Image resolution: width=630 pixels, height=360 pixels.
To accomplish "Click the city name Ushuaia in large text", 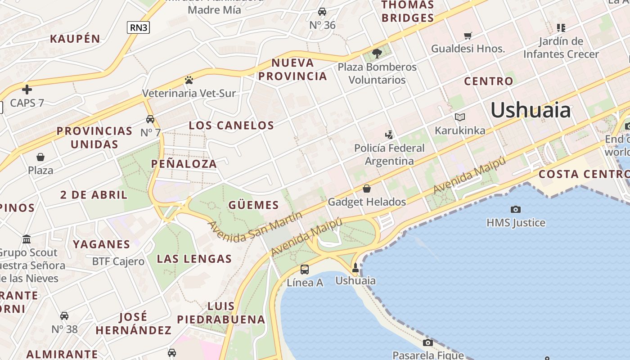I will tap(530, 110).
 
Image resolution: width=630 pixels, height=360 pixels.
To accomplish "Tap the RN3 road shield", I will tap(138, 27).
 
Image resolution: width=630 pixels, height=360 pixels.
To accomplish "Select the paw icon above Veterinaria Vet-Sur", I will tap(189, 80).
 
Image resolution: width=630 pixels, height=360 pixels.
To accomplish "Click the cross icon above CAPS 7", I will tap(27, 90).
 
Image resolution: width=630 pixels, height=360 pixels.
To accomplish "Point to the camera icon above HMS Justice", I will tap(516, 209).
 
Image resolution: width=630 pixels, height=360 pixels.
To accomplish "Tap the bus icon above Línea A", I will tap(305, 270).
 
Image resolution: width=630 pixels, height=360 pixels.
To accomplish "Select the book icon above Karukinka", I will tap(460, 117).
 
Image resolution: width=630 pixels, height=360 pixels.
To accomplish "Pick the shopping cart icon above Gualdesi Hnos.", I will tap(468, 35).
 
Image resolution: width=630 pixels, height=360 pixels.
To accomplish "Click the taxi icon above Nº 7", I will tap(150, 119).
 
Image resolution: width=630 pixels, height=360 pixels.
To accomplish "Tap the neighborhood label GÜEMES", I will tap(254, 205).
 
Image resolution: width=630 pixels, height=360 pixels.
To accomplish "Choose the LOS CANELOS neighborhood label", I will tap(231, 126).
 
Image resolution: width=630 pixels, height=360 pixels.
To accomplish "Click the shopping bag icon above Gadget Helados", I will tap(367, 189).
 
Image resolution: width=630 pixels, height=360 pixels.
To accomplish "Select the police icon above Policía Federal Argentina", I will tap(389, 135).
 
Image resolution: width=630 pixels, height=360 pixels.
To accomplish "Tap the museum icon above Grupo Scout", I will tap(27, 239).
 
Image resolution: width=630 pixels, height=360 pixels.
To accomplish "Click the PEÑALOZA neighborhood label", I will tap(184, 164).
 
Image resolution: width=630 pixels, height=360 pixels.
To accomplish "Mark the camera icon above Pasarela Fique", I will tap(428, 342).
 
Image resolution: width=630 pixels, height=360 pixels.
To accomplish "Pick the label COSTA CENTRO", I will tap(584, 174).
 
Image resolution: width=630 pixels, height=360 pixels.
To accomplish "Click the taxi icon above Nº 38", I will tap(64, 316).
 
